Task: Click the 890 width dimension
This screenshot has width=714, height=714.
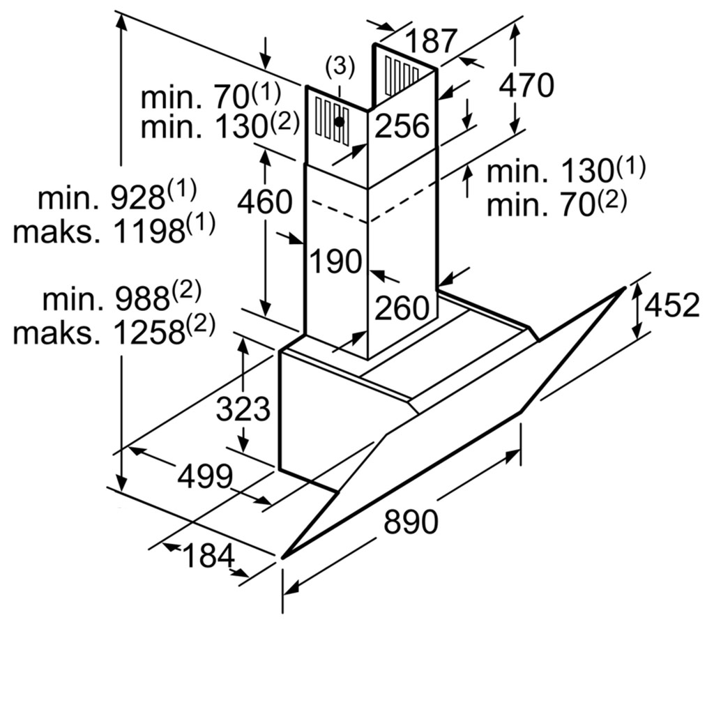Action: pos(411,522)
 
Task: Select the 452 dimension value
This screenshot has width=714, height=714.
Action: pos(671,305)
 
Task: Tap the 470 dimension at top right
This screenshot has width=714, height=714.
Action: pos(526,85)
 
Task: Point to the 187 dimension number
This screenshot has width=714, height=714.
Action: pos(432,41)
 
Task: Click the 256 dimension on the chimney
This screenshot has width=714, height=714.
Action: pos(402,126)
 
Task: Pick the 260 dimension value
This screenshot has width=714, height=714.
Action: pos(402,307)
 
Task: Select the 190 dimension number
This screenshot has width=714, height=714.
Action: pos(337,261)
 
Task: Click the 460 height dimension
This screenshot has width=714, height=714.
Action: pos(264,202)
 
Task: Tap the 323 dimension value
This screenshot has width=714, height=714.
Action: pos(242,409)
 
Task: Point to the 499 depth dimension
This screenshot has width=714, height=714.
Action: pos(204,476)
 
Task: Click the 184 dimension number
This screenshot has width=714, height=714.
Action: pos(208,556)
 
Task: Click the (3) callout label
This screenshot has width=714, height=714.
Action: pos(340,67)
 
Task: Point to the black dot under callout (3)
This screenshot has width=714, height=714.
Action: pos(339,121)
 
